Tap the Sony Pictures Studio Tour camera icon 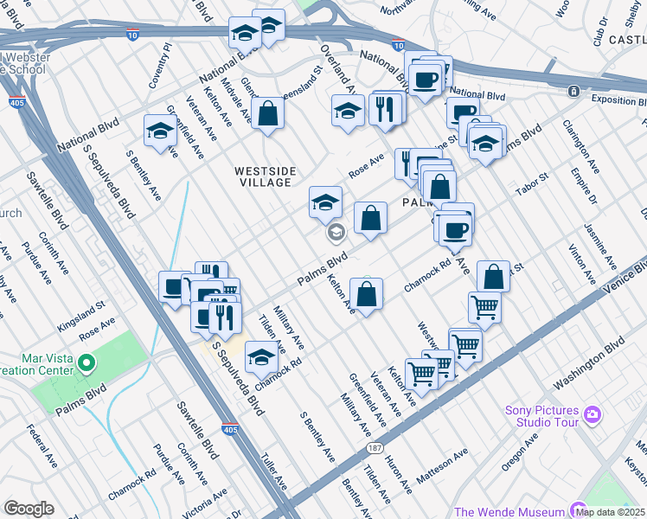click(x=592, y=414)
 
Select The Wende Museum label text click(x=509, y=512)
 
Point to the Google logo click(x=29, y=509)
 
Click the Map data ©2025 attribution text click(x=609, y=512)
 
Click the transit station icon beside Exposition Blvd click(x=573, y=91)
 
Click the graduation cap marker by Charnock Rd click(x=262, y=355)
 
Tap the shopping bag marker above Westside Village click(x=268, y=112)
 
